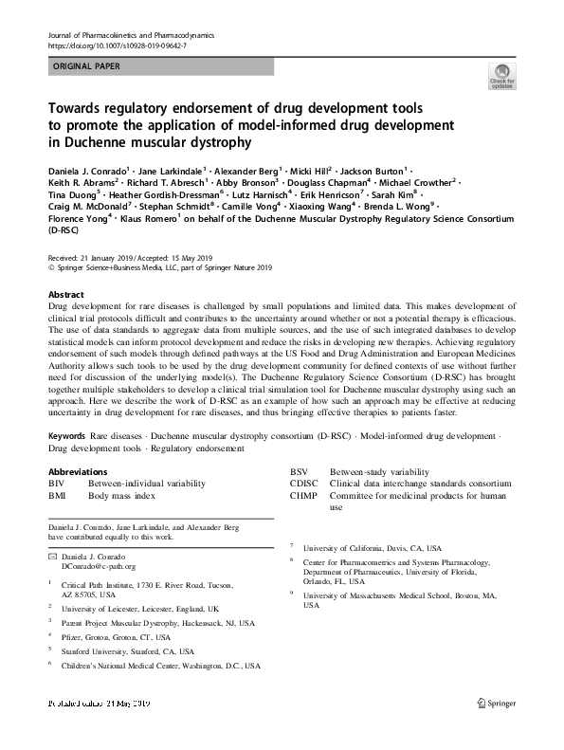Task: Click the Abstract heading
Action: (x=65, y=295)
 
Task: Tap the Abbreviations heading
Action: (x=77, y=471)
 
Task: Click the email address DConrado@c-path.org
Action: (x=98, y=566)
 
